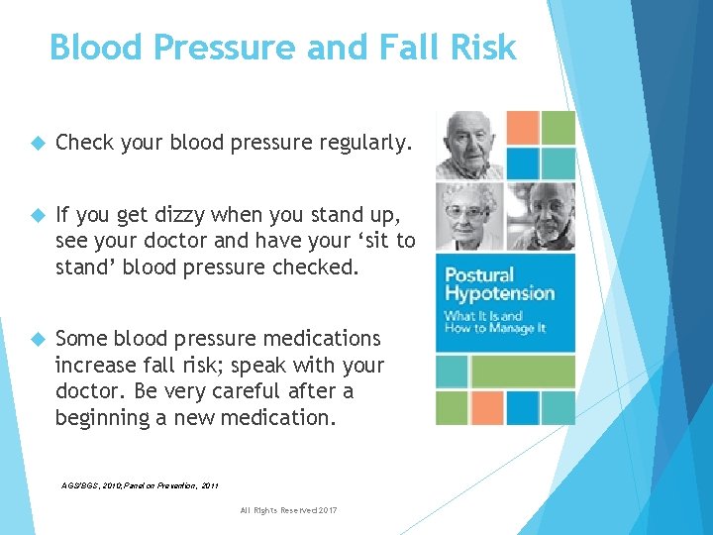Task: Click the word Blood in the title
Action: [x=89, y=47]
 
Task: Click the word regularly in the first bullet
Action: [x=362, y=144]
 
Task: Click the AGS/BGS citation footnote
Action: [x=139, y=485]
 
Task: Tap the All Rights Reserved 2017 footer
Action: [x=288, y=509]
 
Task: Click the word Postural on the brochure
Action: [x=479, y=274]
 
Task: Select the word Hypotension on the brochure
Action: [x=499, y=293]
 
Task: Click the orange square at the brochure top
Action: [x=523, y=127]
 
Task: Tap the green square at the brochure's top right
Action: [x=559, y=127]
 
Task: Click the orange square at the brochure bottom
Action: [x=487, y=407]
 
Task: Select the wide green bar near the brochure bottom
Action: [x=523, y=372]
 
